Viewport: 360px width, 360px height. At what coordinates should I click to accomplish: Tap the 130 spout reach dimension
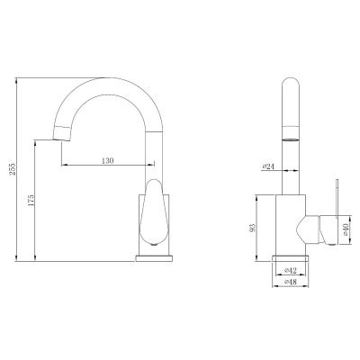click(x=107, y=160)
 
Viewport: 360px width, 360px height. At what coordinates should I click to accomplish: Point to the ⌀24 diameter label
click(x=268, y=165)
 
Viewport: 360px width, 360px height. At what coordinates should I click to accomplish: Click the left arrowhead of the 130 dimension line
click(x=65, y=166)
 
